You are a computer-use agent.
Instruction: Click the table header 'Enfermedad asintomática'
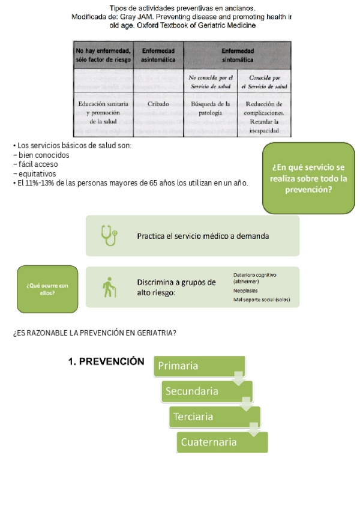pos(158,56)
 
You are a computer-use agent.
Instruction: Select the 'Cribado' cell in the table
pos(158,104)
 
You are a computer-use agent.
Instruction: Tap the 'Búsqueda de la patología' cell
pos(211,108)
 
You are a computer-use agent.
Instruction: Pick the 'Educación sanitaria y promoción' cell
pos(103,112)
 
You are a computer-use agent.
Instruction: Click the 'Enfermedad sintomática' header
pos(238,56)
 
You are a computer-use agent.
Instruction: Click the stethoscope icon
pos(109,235)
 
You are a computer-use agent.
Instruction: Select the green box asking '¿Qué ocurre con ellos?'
pos(47,289)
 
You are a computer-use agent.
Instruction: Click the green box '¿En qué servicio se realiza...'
pos(308,178)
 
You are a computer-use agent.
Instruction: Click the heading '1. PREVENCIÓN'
pos(106,362)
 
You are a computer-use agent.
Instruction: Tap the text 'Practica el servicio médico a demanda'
pos(203,236)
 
